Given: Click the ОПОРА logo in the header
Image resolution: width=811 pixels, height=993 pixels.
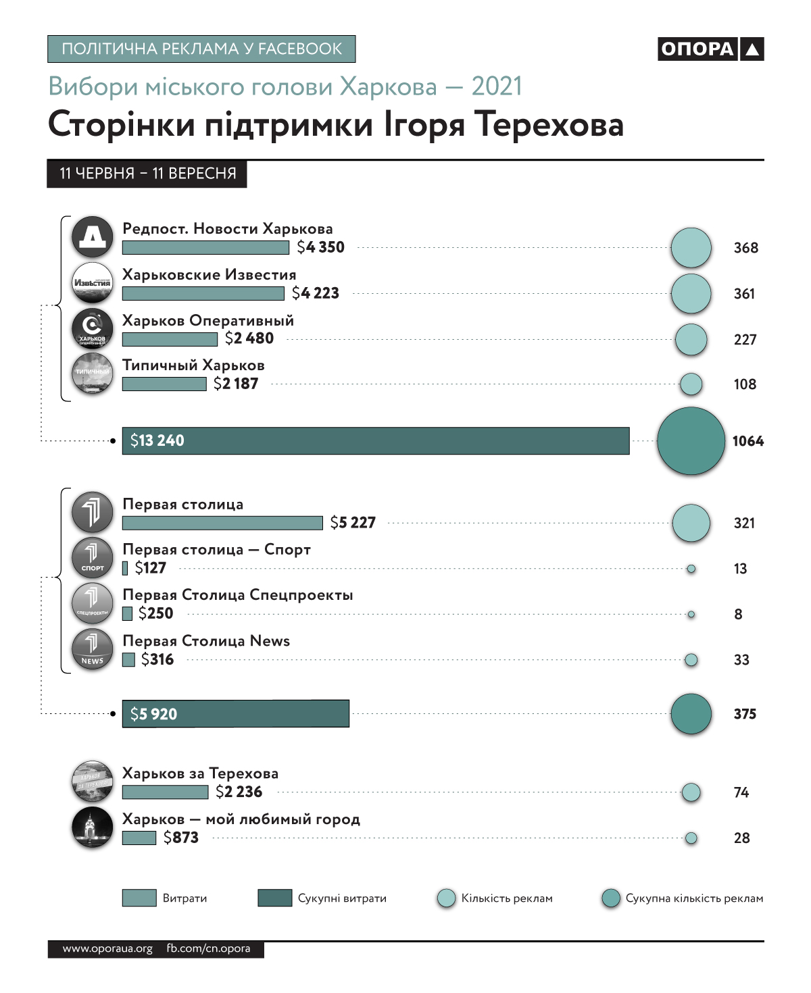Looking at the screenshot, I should pos(710,49).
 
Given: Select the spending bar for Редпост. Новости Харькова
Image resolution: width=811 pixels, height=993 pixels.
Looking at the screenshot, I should pos(205,248).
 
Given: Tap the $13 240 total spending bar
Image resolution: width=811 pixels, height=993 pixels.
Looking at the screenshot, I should pos(375,441).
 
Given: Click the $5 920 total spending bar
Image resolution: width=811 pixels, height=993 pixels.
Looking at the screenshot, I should pos(235,714).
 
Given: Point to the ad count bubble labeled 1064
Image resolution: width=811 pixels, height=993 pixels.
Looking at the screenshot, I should pos(691,441).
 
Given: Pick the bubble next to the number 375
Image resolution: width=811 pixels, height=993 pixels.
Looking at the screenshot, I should pos(691,714).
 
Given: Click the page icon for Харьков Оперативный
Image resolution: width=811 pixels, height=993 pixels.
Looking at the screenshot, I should pos(93,328).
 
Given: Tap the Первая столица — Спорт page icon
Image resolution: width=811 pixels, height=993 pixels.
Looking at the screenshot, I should pos(93,558).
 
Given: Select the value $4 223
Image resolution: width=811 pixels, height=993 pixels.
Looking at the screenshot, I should pos(316,293).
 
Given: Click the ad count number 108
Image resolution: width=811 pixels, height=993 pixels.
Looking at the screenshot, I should pos(745,384).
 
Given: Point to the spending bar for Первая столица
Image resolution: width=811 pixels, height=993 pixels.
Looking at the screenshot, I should pos(222,523).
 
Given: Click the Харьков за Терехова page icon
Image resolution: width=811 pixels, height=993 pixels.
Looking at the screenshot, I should pos(93,782).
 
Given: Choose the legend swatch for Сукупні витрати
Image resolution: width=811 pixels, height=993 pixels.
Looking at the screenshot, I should pos(274,898).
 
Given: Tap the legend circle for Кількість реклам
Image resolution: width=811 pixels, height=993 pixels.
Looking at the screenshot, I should pos(446,898).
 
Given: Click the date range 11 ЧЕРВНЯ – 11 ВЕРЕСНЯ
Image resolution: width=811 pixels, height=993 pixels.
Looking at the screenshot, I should pos(147,174).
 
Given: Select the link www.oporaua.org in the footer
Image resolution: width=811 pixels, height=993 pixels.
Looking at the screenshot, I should pos(107,949).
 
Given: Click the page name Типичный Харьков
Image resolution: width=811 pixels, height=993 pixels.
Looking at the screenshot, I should pos(193,365).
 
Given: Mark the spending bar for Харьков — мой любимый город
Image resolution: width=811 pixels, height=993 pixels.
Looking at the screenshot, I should pos(139,838).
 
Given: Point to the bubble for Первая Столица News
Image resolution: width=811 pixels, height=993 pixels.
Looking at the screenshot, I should pos(691,660).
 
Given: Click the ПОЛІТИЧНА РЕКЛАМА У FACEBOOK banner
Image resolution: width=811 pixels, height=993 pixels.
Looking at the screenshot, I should pos(201,49).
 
